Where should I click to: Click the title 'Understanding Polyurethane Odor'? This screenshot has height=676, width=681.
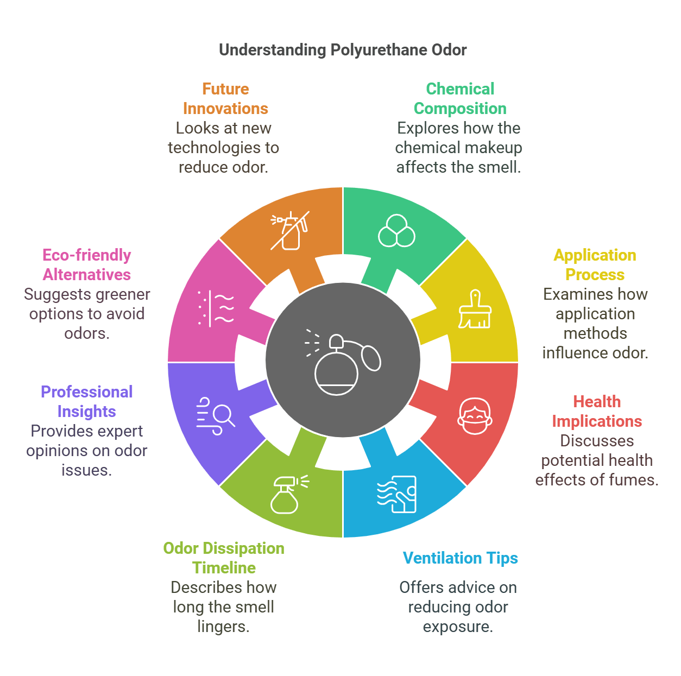point(343,50)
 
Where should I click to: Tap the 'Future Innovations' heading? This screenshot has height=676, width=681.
point(225,99)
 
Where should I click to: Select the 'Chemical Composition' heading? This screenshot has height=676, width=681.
point(460,99)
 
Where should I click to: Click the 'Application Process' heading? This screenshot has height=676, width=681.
point(595,265)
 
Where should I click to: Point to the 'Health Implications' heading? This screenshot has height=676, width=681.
point(597,412)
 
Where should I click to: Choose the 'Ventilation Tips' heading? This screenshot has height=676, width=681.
point(460,558)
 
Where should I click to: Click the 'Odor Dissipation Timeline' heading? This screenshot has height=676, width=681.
point(224,558)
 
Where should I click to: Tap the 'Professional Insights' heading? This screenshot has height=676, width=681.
point(87,402)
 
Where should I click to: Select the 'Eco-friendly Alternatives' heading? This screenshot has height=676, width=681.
point(87,265)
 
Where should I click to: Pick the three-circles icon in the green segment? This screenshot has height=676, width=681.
point(396,231)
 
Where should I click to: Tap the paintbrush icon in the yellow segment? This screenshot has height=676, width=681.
point(475,309)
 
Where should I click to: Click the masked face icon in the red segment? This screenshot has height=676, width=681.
point(475,416)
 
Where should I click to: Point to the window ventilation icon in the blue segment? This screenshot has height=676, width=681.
point(397,494)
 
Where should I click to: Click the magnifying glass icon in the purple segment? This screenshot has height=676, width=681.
point(216,416)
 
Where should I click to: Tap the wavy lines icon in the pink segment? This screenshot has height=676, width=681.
point(216,308)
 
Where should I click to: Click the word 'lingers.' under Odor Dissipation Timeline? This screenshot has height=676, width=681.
point(223,627)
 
